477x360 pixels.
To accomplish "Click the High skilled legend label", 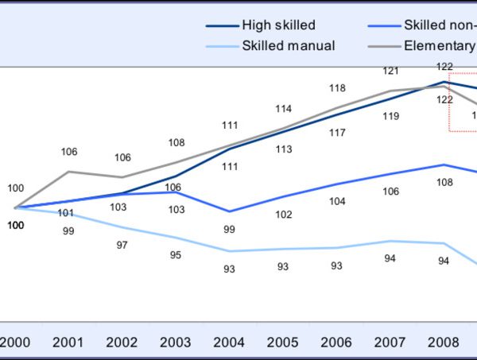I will (x=278, y=25).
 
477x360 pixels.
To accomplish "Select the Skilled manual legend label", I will (x=289, y=45).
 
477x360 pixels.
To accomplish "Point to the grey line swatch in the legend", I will (x=382, y=45).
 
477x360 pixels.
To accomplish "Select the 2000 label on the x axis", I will (x=15, y=343).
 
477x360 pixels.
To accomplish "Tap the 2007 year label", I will (x=391, y=343).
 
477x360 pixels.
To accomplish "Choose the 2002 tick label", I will (x=122, y=343).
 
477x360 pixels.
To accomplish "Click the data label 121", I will (x=390, y=72).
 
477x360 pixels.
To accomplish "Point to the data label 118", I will (x=337, y=88).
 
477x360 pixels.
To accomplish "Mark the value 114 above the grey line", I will (x=284, y=109).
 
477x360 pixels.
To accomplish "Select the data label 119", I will (x=390, y=117).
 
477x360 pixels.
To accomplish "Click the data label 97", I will (x=122, y=246).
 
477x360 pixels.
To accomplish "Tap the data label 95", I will (x=176, y=255).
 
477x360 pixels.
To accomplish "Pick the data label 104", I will (x=337, y=202).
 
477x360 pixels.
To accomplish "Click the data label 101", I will (x=66, y=213).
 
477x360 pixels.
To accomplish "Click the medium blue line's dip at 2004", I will (x=230, y=211).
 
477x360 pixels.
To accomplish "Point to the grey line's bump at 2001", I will (x=68, y=171).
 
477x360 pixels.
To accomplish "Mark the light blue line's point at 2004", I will (x=230, y=251).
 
